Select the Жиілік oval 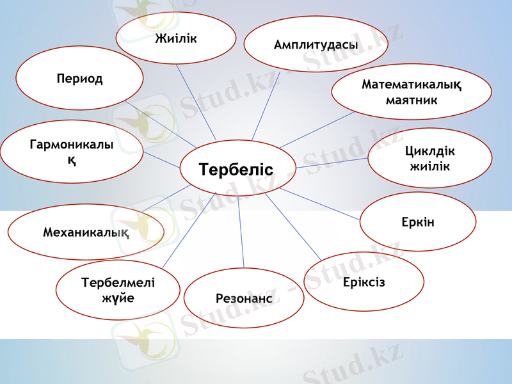[x=175, y=38]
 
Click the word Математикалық [x=411, y=84]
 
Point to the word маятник [x=411, y=100]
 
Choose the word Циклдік [x=429, y=152]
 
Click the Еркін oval [x=417, y=221]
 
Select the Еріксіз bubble [x=364, y=282]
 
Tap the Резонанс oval [x=244, y=298]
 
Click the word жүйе [x=118, y=298]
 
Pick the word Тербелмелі [x=118, y=282]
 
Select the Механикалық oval [x=86, y=232]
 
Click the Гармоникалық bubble [x=71, y=152]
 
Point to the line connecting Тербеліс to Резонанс [x=241, y=230]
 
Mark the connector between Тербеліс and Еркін [x=320, y=204]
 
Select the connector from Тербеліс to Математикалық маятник [x=317, y=130]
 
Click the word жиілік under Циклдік [x=429, y=167]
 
